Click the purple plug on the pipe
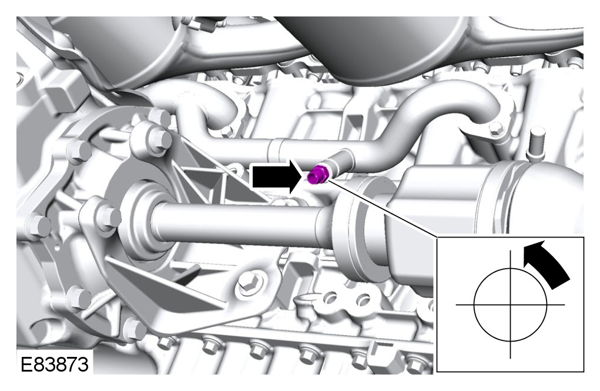(317, 174)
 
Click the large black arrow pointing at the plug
(277, 176)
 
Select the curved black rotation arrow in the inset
(546, 263)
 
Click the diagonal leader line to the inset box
(382, 208)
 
